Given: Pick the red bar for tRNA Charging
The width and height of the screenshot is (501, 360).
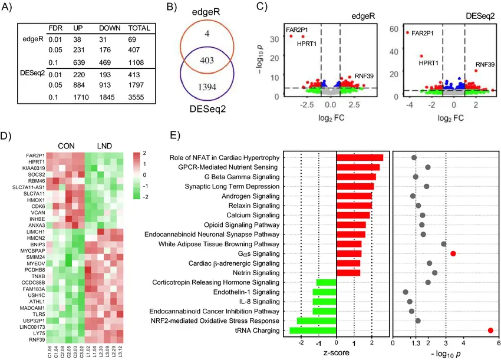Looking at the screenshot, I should pos(313,331).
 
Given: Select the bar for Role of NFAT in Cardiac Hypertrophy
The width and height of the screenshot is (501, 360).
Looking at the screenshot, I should pos(360,157).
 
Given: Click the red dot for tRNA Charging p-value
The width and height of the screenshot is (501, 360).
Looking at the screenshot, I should pos(490,331).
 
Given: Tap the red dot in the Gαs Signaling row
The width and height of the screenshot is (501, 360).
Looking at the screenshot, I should pos(453,253).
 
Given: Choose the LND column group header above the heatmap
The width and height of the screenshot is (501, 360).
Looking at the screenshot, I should pos(106,145).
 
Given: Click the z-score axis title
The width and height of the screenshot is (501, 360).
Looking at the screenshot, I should pos(336,352).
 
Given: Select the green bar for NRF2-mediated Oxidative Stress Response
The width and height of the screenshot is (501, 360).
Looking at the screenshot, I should pos(317,321).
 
